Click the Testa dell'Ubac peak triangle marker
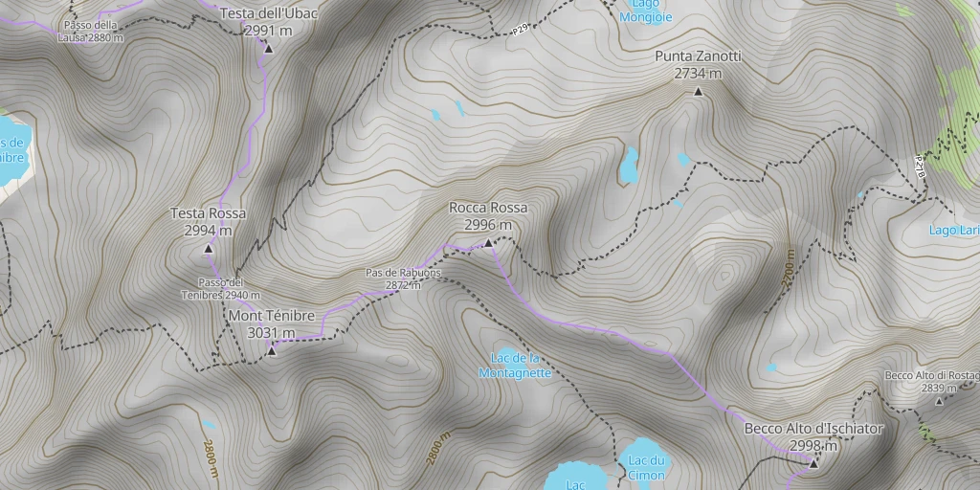click(x=269, y=48)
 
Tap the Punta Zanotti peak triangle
click(x=698, y=92)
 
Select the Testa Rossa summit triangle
click(x=208, y=249)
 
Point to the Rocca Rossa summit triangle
click(x=488, y=243)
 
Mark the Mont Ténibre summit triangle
click(x=272, y=351)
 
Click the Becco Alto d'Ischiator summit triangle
click(x=813, y=463)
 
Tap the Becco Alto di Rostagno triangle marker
click(x=939, y=401)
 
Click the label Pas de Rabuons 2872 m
click(x=403, y=278)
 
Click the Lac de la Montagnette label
click(x=516, y=366)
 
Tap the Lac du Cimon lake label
click(x=647, y=468)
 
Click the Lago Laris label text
click(x=954, y=230)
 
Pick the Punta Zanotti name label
click(x=698, y=57)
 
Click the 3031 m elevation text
click(x=271, y=333)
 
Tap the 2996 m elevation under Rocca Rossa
click(x=488, y=225)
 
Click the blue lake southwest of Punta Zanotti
click(x=629, y=166)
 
